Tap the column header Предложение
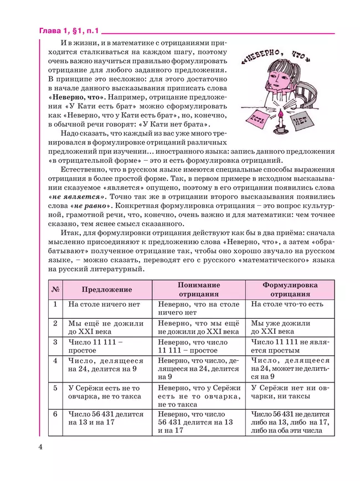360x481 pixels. [107, 289]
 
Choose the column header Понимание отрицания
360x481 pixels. [198, 289]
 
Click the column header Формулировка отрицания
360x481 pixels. [290, 289]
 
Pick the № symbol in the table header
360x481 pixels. [55, 289]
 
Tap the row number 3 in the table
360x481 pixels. [55, 342]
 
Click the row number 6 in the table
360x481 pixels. [55, 414]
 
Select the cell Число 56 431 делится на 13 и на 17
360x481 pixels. [106, 418]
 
